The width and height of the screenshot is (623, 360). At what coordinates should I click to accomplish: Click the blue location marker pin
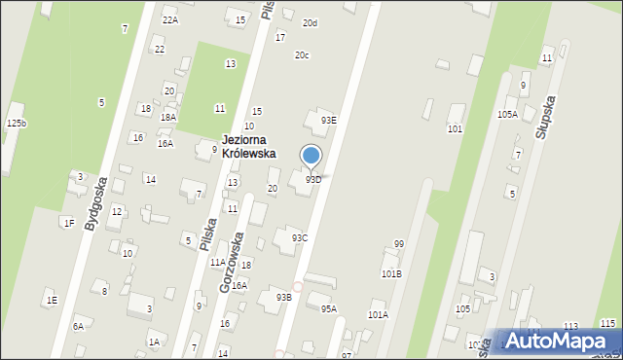tap(311, 157)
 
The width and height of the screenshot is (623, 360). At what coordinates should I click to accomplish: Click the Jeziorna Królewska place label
tap(248, 147)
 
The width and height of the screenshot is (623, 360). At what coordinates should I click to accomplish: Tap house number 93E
tap(329, 121)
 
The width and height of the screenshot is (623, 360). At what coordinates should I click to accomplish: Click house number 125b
tap(17, 124)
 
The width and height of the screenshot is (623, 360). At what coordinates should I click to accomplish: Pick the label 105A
tap(507, 115)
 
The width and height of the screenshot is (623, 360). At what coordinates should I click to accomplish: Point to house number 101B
tap(391, 274)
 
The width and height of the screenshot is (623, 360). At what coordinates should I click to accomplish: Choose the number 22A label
tap(170, 19)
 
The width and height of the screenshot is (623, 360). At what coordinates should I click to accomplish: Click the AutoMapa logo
tap(559, 341)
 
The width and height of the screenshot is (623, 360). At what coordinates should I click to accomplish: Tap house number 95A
tap(329, 309)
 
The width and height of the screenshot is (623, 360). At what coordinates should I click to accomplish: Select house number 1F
tap(69, 223)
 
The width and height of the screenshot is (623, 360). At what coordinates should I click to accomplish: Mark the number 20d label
tap(310, 23)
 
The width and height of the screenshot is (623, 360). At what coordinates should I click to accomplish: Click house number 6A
tap(78, 327)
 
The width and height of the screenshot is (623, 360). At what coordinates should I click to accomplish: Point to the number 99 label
tap(399, 244)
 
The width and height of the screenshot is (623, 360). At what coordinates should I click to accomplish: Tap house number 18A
tap(168, 117)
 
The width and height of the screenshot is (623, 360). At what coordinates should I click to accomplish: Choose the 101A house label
tap(378, 315)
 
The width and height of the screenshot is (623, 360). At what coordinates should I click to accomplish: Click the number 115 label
tap(607, 324)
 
